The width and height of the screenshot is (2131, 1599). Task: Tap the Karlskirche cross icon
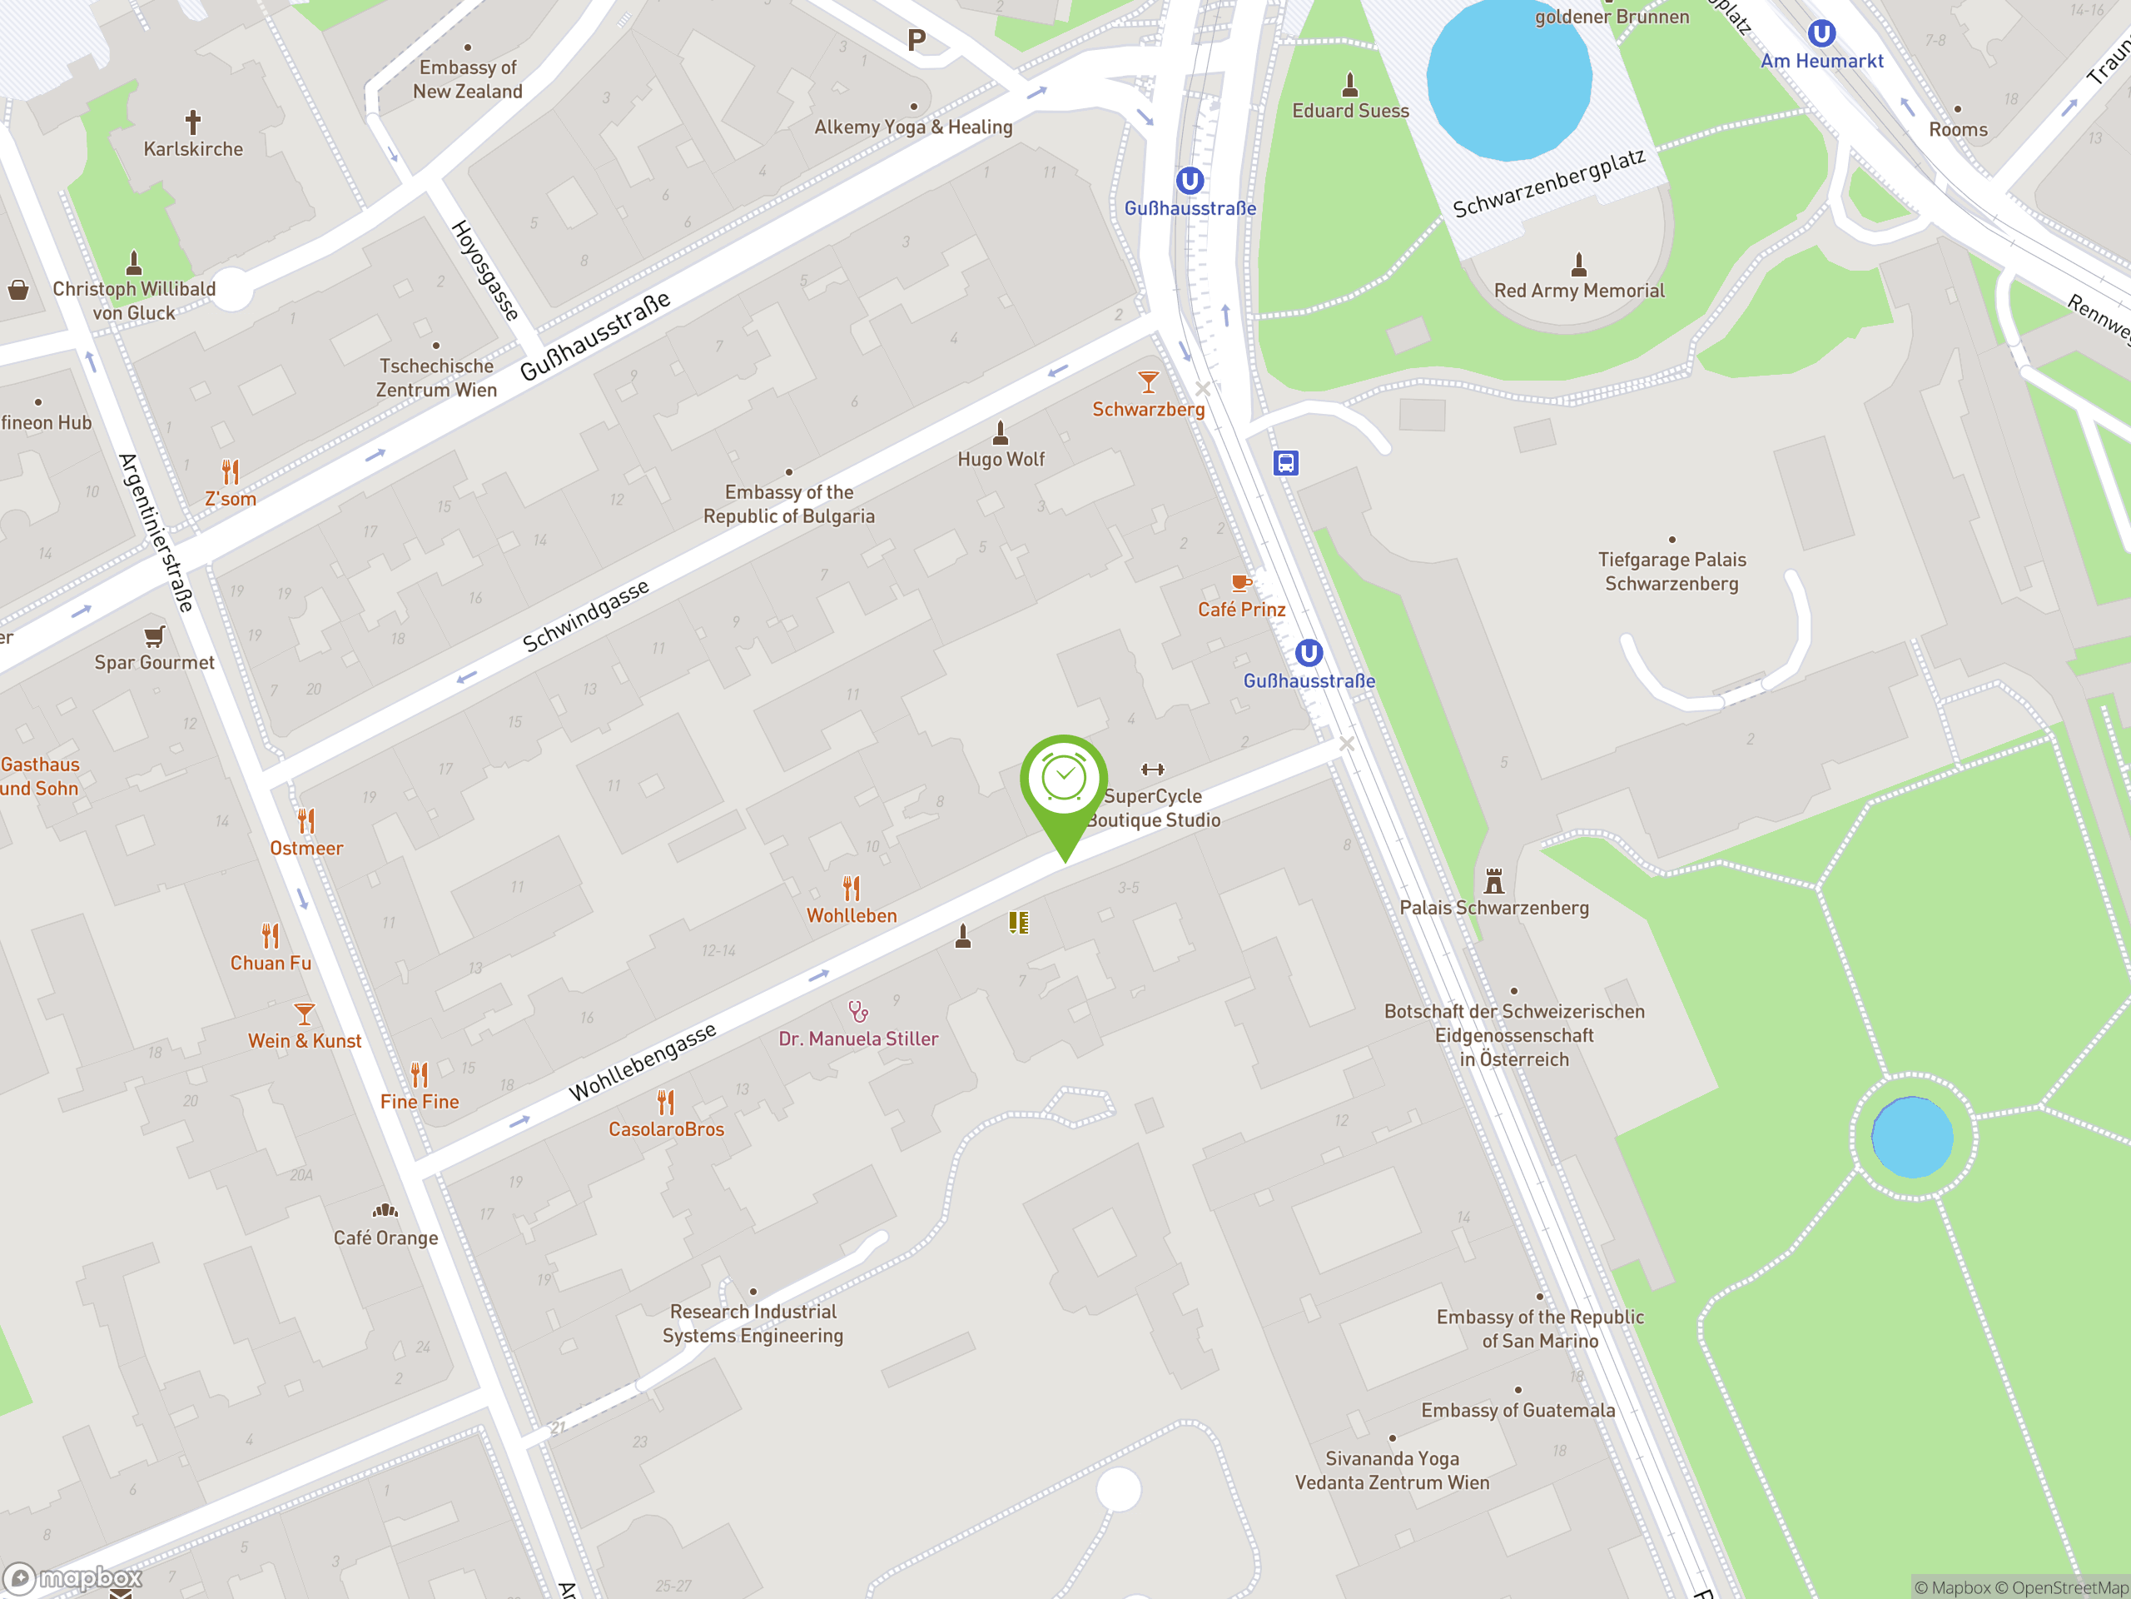tap(192, 122)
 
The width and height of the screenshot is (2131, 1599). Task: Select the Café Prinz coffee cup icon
tap(1241, 583)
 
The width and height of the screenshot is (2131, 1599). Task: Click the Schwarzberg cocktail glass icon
tap(1147, 382)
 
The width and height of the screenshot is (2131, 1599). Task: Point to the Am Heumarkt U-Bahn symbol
tap(1821, 35)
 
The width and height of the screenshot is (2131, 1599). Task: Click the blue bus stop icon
tap(1285, 463)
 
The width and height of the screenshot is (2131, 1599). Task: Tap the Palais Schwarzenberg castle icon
tap(1493, 881)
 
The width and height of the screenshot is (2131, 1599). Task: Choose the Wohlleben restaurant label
tap(852, 915)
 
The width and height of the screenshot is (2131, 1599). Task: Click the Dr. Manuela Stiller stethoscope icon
tap(857, 1011)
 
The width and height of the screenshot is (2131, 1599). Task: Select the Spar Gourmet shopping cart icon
tap(154, 636)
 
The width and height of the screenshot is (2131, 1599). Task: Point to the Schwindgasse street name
tap(586, 616)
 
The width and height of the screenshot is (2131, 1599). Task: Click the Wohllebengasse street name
tap(643, 1061)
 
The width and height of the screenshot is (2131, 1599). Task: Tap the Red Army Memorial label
tap(1578, 290)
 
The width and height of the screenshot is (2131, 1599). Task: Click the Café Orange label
tap(385, 1238)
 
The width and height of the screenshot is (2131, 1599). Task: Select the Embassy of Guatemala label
tap(1518, 1410)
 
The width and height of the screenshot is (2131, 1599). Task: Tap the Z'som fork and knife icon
tap(231, 472)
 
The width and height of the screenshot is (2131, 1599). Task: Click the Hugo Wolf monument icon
tap(1000, 433)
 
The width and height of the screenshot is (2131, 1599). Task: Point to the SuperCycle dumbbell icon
tap(1152, 770)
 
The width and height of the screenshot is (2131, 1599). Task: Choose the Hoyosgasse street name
tap(485, 270)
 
